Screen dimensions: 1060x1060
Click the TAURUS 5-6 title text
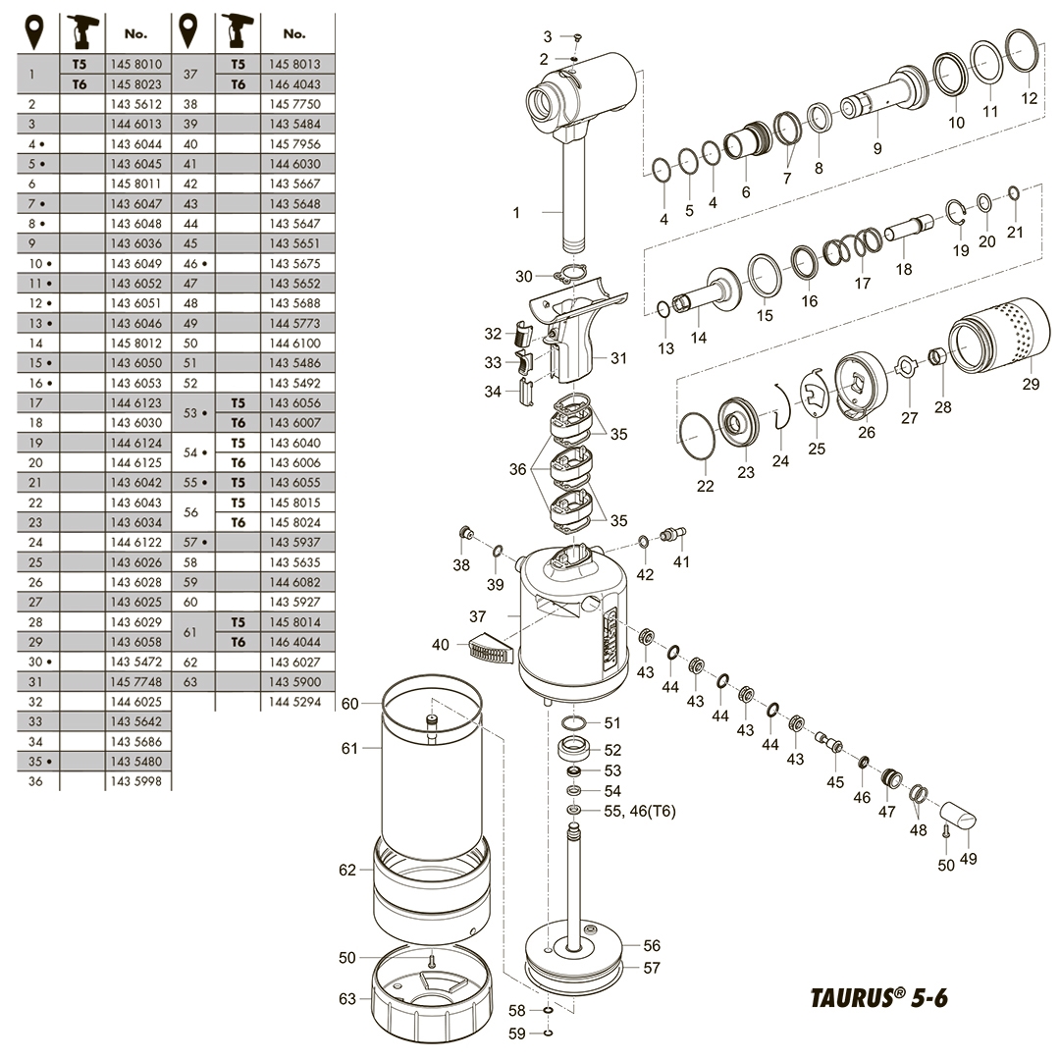click(879, 997)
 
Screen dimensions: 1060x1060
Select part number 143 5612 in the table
click(135, 103)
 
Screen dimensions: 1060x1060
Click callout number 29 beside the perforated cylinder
click(1030, 384)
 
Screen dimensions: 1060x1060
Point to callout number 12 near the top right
click(1029, 98)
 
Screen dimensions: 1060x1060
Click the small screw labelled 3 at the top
click(577, 37)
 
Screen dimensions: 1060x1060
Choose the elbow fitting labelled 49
click(958, 816)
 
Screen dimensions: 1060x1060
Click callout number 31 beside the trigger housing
click(618, 358)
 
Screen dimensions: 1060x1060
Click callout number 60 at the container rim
click(350, 704)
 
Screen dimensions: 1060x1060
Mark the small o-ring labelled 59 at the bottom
click(548, 1031)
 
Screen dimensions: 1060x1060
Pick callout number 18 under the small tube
click(903, 269)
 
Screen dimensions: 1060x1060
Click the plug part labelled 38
click(468, 535)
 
